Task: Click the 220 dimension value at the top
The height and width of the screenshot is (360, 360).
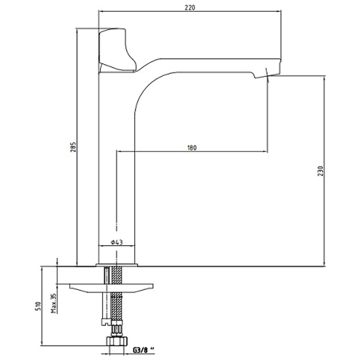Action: click(190, 8)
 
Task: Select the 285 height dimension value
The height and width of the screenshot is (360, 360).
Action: click(73, 147)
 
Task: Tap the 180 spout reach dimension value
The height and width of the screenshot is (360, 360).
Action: click(192, 148)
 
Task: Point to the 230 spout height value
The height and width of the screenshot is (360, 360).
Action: click(321, 171)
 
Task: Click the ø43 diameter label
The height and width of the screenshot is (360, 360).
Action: click(117, 242)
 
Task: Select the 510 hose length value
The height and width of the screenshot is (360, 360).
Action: click(39, 306)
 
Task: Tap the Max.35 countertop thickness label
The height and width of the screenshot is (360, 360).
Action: click(54, 303)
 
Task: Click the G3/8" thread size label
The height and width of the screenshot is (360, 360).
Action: click(143, 350)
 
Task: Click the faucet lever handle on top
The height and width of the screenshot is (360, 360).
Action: click(117, 50)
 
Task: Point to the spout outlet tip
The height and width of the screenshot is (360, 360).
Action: click(268, 76)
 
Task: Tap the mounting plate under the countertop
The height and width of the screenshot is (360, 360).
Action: click(111, 288)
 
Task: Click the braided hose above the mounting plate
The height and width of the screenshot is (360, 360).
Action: click(117, 275)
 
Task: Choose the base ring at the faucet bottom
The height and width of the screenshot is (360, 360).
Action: click(117, 265)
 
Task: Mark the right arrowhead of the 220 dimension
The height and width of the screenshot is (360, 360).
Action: click(279, 11)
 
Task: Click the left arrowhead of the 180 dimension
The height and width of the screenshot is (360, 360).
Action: click(119, 151)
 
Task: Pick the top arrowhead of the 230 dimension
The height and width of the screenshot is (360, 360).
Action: click(325, 78)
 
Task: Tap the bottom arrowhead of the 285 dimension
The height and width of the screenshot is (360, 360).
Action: click(77, 264)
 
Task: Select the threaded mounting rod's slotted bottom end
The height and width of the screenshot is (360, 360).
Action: click(106, 322)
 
